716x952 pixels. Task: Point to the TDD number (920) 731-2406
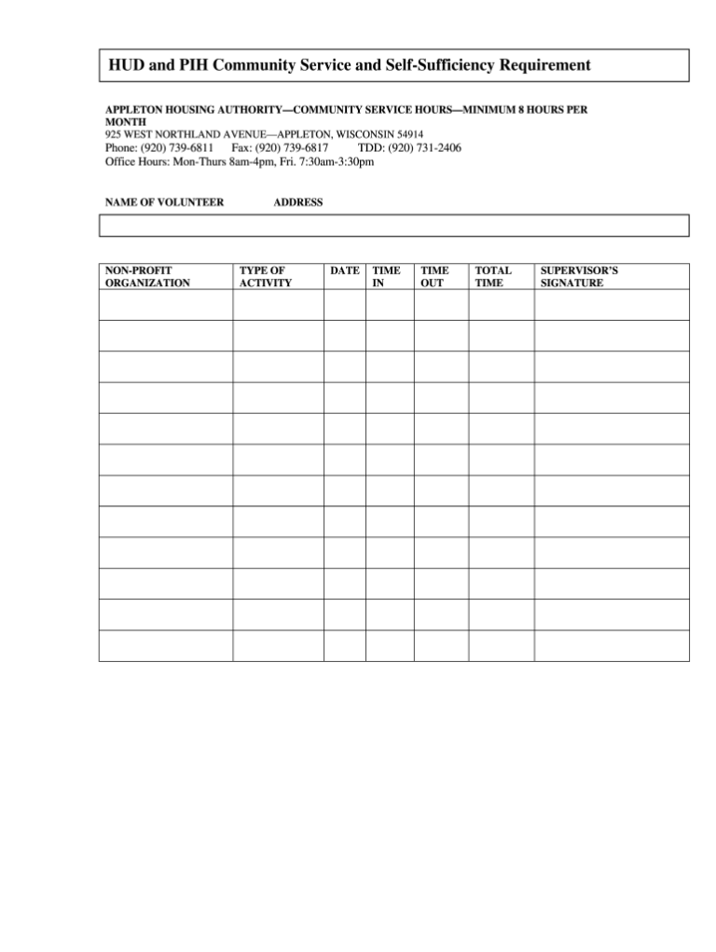424,148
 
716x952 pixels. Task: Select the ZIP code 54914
409,134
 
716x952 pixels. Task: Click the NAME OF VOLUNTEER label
164,202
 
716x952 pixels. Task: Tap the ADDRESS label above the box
298,202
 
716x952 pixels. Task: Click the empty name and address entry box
393,226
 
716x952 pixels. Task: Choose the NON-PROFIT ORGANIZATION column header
147,277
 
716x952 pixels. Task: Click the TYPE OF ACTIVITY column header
265,277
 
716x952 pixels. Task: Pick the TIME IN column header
386,277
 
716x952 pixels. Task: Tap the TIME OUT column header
434,277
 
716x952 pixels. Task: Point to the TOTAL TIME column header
493,277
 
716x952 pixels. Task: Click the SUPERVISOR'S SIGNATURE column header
579,277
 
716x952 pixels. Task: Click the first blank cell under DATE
345,305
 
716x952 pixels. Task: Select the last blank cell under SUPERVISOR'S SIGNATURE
612,645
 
